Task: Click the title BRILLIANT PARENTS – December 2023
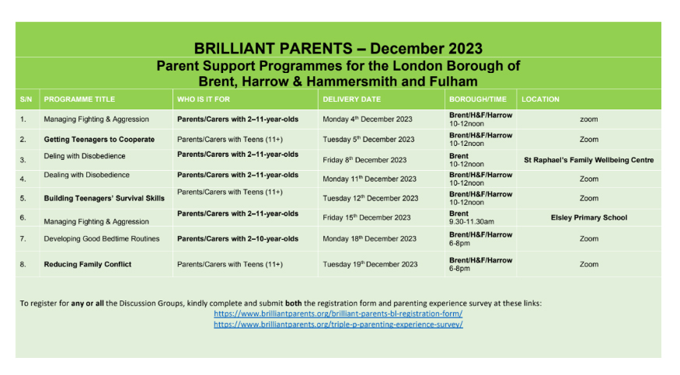[x=338, y=48]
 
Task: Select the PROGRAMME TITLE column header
[x=79, y=99]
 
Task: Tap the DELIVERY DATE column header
[x=352, y=99]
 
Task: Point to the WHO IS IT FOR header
[x=204, y=99]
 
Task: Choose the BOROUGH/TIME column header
[x=478, y=99]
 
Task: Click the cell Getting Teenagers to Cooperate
[x=99, y=140]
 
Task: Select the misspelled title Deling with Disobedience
[x=85, y=156]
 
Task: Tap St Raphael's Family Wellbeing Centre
[x=589, y=160]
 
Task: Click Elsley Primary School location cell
[x=589, y=217]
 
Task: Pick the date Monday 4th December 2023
[x=368, y=119]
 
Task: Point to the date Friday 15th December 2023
[x=367, y=217]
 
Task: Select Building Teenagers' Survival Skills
[x=104, y=198]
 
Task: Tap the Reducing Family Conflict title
[x=88, y=264]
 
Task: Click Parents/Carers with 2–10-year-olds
[x=238, y=238]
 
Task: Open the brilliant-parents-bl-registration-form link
[x=338, y=314]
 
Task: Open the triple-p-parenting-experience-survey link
[x=338, y=325]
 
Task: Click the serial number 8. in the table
[x=23, y=264]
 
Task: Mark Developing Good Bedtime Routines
[x=102, y=238]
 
